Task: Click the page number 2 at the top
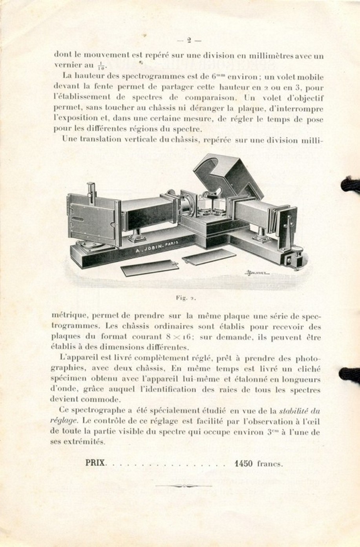[189, 40]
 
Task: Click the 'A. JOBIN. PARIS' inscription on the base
[155, 247]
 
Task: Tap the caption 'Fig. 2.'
[186, 298]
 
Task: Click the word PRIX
[95, 463]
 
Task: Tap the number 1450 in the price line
[243, 463]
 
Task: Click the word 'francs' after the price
[270, 464]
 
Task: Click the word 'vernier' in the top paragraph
[67, 65]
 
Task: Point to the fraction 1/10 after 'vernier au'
[101, 66]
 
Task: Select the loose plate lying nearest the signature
[208, 257]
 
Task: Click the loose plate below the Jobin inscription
[150, 268]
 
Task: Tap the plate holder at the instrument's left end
[93, 220]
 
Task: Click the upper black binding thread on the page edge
[350, 184]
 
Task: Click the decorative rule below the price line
[183, 486]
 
